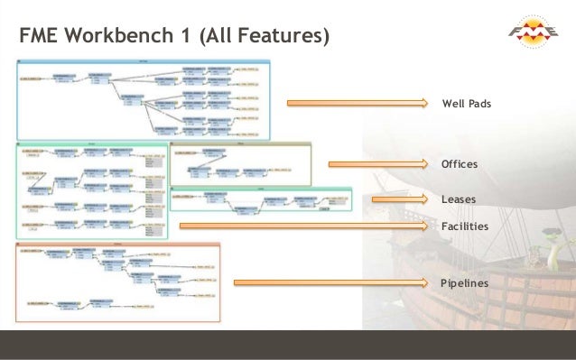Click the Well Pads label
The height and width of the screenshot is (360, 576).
coord(466,105)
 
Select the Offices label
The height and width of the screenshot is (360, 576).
coord(459,165)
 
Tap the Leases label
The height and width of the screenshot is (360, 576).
coord(458,198)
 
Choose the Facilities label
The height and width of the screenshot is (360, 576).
coord(464,226)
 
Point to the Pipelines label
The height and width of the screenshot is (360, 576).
coord(464,283)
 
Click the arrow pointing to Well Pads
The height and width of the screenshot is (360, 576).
coord(361,104)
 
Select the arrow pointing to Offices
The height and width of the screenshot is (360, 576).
coord(380,164)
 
